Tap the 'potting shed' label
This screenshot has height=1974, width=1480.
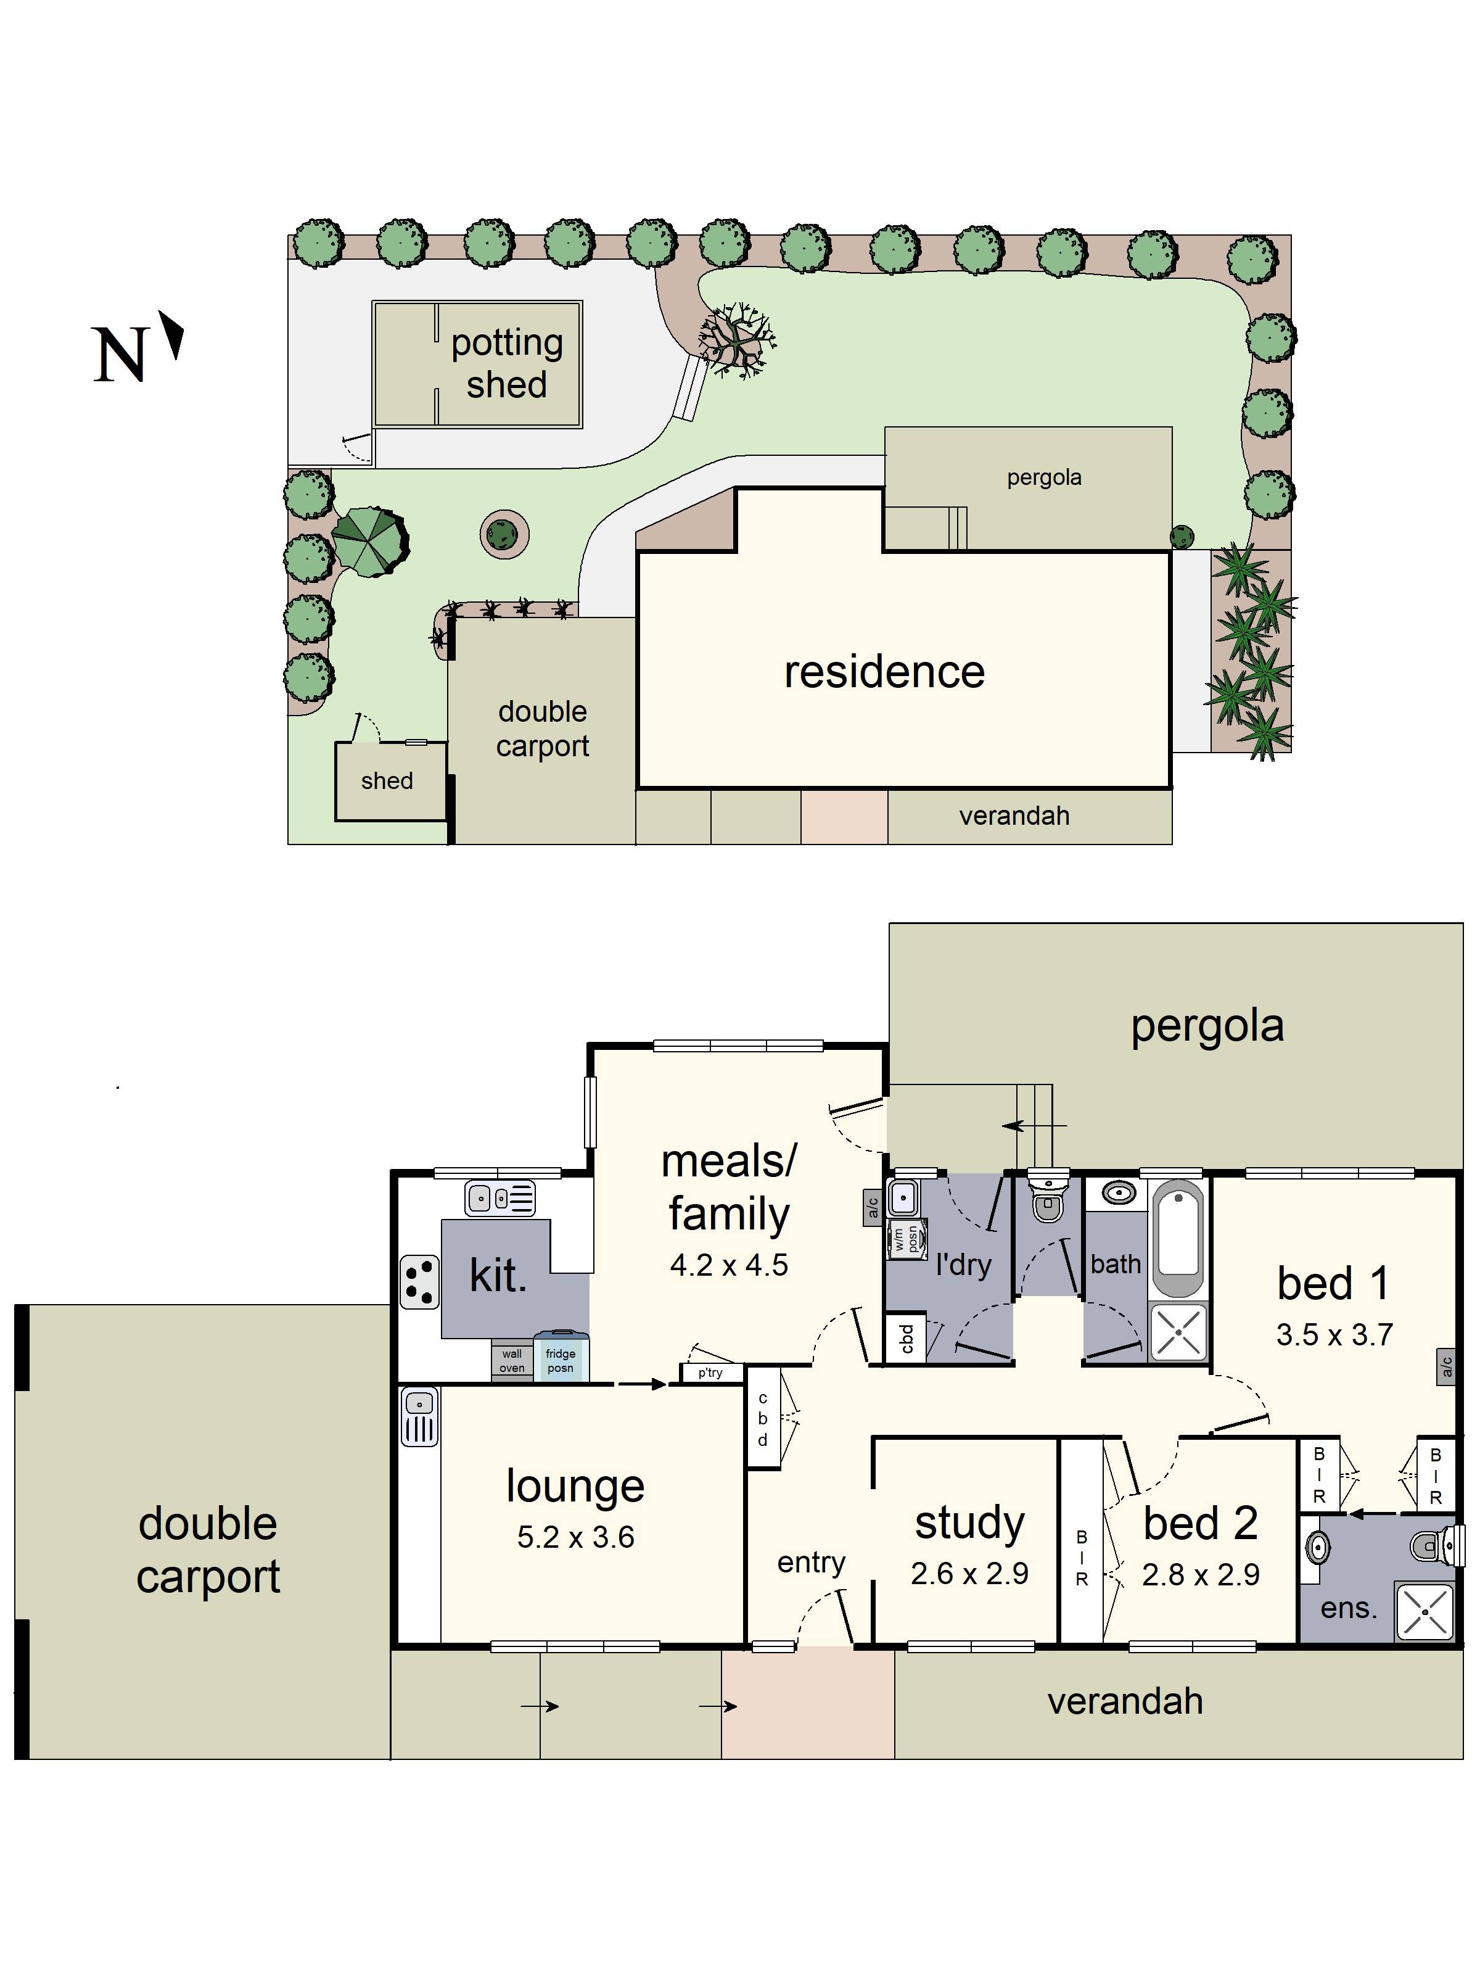click(x=507, y=363)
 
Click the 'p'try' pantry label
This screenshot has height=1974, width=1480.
click(x=711, y=1373)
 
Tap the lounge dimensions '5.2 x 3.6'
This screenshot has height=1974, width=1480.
click(x=575, y=1536)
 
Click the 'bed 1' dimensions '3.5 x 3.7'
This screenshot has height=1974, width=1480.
click(x=1334, y=1334)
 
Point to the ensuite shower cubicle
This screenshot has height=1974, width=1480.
click(x=1424, y=1612)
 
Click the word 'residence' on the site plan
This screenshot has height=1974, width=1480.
click(x=884, y=671)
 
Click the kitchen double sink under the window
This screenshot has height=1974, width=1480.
click(x=499, y=1197)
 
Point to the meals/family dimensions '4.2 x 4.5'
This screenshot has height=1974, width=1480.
click(x=729, y=1265)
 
